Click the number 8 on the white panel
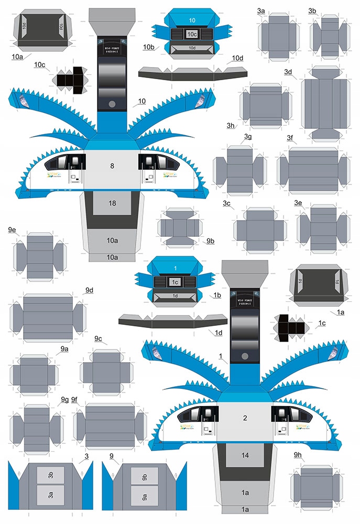[112, 166]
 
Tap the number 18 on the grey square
[112, 203]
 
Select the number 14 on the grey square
[245, 455]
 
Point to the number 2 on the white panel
[245, 418]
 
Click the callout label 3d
[288, 72]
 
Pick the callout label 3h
[231, 125]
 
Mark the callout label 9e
[12, 230]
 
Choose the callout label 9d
[89, 290]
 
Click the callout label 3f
[290, 137]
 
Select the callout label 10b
[148, 47]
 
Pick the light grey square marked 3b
[51, 475]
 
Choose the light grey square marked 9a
[144, 494]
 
